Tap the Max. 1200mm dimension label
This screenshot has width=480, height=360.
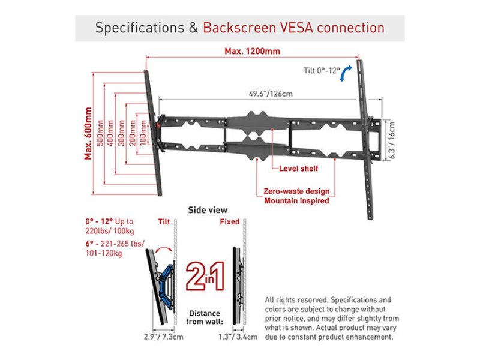point(253,51)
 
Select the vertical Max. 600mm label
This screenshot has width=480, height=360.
point(88,133)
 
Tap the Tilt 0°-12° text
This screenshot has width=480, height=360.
point(320,71)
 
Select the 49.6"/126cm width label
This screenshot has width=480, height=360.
point(271,94)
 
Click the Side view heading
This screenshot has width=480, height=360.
point(208,210)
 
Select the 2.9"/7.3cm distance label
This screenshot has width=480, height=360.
point(163,337)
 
